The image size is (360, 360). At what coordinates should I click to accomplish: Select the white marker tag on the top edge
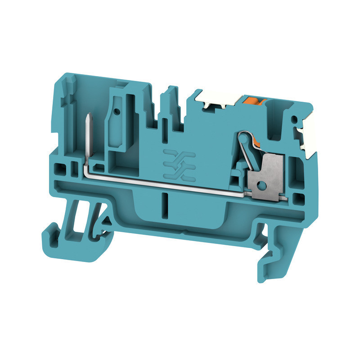pos(215,99)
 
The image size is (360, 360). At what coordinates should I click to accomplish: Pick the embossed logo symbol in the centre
pos(179,163)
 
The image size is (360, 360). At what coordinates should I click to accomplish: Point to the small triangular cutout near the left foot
pos(108,219)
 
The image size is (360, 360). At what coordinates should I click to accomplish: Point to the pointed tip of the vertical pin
pos(86,115)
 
